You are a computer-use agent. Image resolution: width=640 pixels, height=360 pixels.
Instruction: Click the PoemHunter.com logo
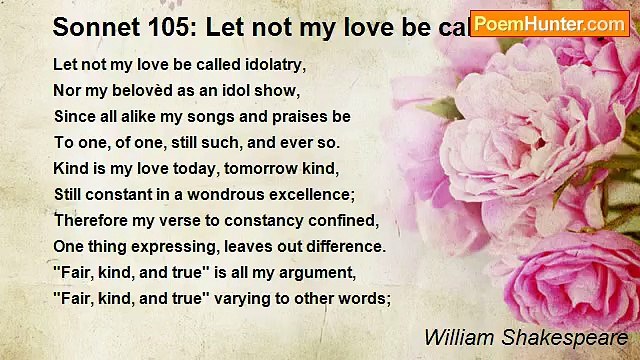pos(549,23)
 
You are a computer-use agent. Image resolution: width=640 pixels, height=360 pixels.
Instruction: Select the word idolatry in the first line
pos(273,64)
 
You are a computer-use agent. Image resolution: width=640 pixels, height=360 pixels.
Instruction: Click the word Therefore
pos(91,220)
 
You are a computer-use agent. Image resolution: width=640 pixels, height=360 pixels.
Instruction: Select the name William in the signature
pos(455,337)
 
